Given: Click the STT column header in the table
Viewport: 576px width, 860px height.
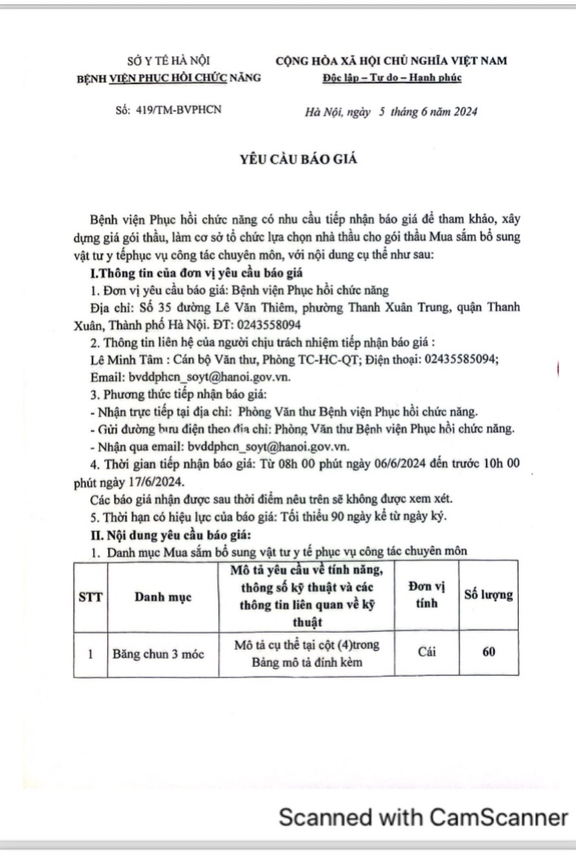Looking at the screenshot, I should click(90, 596).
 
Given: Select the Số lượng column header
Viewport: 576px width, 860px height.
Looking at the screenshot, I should click(488, 595).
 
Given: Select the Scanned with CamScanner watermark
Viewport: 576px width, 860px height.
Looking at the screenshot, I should click(423, 817).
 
